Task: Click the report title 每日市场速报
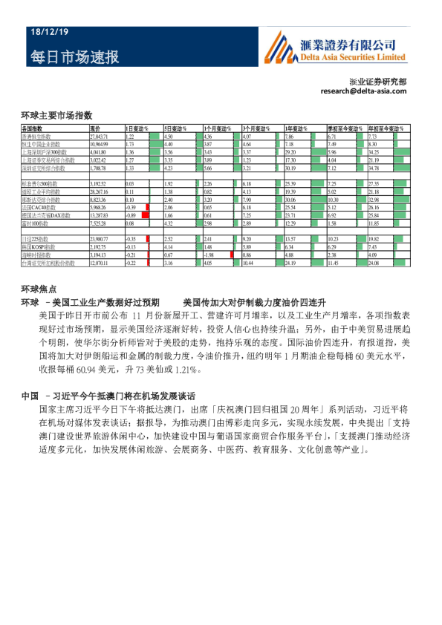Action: [75, 57]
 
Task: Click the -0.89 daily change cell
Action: [130, 215]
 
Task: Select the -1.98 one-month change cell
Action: [209, 255]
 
